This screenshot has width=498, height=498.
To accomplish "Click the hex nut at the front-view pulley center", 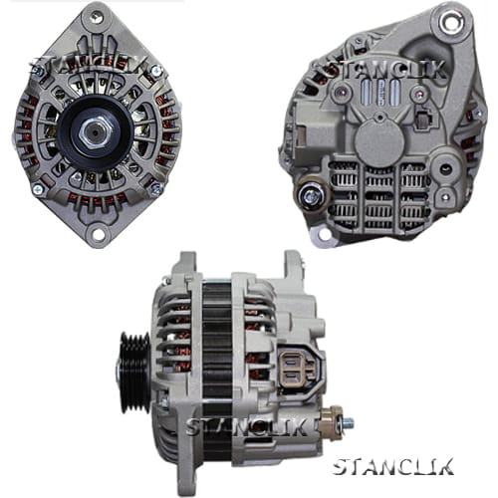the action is click(x=96, y=132).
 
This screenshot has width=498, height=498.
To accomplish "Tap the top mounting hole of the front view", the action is click(x=97, y=17).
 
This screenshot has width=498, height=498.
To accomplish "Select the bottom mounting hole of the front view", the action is click(x=98, y=233).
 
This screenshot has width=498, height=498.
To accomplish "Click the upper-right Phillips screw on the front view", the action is click(x=155, y=71).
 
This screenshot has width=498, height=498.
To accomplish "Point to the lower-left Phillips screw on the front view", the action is click(x=38, y=189).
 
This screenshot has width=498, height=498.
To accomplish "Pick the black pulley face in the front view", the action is click(x=96, y=133).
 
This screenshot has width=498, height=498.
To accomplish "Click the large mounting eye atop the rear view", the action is click(x=450, y=22).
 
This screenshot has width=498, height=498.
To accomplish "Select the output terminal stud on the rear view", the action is click(x=311, y=196).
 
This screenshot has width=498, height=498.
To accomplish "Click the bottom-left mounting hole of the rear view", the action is click(x=325, y=234).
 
